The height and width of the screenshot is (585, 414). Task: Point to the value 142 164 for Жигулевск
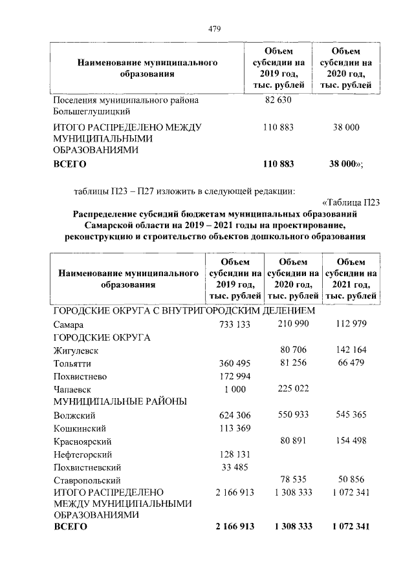tap(349, 350)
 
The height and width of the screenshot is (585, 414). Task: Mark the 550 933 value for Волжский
tap(292, 414)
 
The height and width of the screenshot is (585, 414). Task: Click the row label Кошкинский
tap(80, 428)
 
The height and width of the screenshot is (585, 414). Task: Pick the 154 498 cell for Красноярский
tap(349, 440)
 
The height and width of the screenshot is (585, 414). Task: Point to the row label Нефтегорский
tap(83, 454)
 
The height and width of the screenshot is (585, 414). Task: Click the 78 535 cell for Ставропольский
tap(292, 479)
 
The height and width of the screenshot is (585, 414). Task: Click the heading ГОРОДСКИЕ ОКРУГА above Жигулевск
tap(102, 337)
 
